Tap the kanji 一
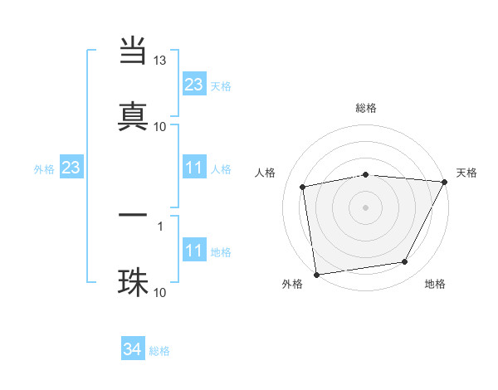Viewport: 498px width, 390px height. [x=134, y=215]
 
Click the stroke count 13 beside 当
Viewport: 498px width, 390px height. [x=160, y=61]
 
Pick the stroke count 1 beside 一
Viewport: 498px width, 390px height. [x=160, y=225]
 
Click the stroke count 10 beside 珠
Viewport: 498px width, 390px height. [x=160, y=292]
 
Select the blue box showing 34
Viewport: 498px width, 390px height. [x=133, y=350]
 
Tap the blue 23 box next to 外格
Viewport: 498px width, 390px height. [x=71, y=168]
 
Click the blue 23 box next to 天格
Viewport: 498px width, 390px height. [x=194, y=85]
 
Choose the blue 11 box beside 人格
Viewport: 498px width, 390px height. [x=194, y=168]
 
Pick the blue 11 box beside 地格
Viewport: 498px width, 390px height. [x=194, y=251]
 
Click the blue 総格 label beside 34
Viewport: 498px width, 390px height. [x=160, y=351]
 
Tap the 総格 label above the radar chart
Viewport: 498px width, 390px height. [x=366, y=108]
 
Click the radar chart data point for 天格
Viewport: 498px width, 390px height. [x=444, y=183]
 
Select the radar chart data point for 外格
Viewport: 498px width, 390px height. [x=316, y=274]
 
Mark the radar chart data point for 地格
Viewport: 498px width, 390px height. [x=405, y=262]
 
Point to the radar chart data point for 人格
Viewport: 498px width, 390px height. [x=303, y=187]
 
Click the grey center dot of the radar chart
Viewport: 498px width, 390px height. [x=366, y=207]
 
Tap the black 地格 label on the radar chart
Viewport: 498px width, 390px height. [x=435, y=285]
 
